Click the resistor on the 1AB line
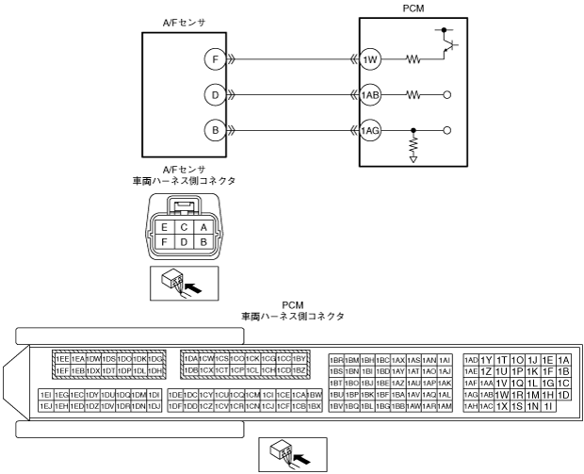tap(414, 94)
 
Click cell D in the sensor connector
tap(185, 242)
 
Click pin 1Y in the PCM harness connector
tap(487, 359)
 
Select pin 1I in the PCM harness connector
tap(548, 405)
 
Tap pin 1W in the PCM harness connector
tap(503, 394)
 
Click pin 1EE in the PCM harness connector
tap(61, 359)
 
